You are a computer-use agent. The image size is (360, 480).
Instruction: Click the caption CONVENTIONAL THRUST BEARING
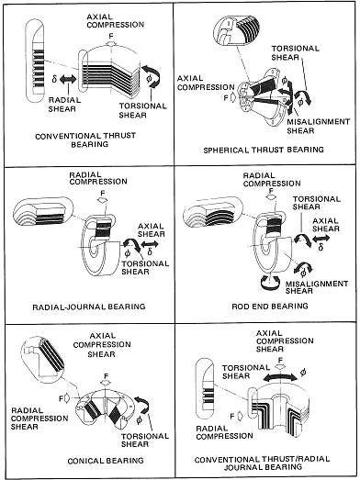(x=85, y=140)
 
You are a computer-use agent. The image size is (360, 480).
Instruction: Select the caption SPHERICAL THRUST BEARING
(x=264, y=150)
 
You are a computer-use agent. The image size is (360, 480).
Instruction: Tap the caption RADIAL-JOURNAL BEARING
(x=89, y=307)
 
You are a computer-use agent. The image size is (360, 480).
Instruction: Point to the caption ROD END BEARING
(x=270, y=307)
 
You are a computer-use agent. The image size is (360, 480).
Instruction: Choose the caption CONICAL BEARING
(x=106, y=461)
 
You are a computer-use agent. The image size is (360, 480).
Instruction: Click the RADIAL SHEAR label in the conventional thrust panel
(x=64, y=105)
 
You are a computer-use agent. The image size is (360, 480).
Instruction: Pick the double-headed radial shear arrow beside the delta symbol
(x=68, y=80)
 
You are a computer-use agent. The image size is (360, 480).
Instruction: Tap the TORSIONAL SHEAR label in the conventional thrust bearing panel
(x=142, y=110)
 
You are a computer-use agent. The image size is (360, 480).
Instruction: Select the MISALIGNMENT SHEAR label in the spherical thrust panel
(x=318, y=126)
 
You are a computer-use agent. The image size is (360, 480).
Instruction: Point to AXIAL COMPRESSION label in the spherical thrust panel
(x=206, y=83)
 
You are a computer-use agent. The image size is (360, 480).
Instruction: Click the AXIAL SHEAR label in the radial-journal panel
(x=152, y=230)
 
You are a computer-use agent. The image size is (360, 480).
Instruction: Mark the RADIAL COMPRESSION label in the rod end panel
(x=272, y=180)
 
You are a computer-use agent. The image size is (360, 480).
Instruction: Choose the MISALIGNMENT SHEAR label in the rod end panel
(x=317, y=287)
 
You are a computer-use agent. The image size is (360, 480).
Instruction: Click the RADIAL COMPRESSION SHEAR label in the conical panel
(x=39, y=419)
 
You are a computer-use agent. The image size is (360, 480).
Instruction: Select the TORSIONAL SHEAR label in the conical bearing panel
(x=145, y=440)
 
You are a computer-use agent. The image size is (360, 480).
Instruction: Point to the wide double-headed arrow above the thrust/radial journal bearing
(x=280, y=376)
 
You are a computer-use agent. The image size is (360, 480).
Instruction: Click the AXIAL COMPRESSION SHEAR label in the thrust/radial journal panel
(x=285, y=341)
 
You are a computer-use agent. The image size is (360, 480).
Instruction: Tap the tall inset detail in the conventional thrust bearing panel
(x=34, y=61)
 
